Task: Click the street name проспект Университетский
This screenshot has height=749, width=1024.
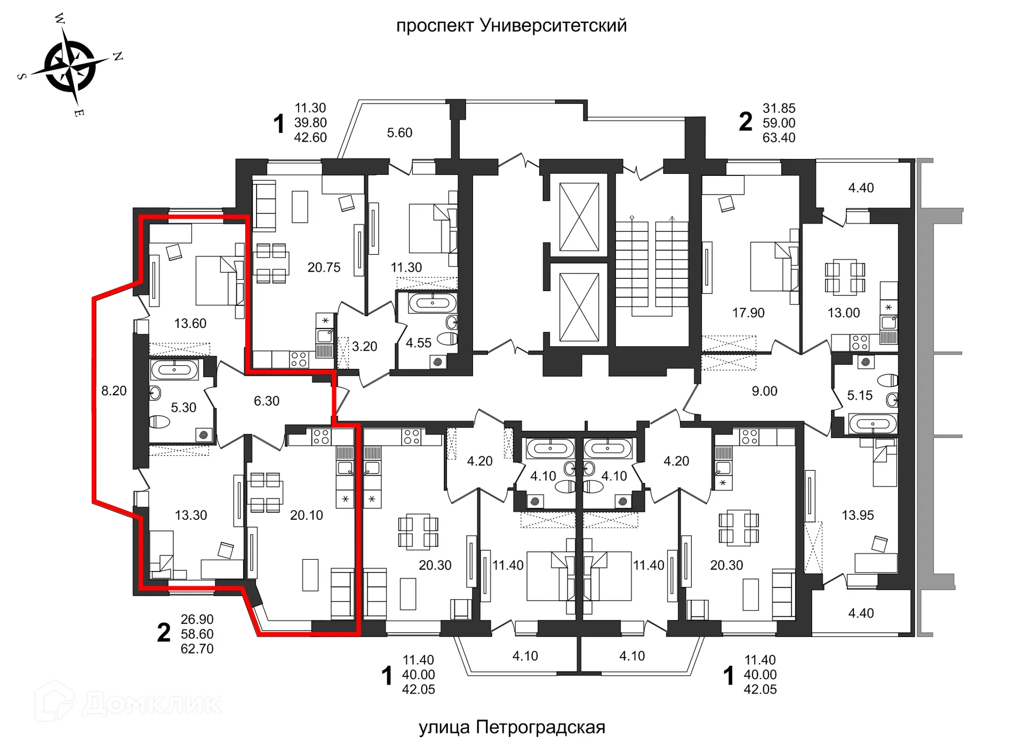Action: point(511,25)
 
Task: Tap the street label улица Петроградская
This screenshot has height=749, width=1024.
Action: point(511,727)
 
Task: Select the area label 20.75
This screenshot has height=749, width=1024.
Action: point(324,268)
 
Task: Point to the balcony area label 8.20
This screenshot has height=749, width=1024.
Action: point(114,391)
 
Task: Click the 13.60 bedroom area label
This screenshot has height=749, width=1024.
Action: point(190,324)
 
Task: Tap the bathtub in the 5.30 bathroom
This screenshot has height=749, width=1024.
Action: point(174,369)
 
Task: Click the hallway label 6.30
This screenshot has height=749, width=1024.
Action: point(266,401)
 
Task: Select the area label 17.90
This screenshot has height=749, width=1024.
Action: point(748,313)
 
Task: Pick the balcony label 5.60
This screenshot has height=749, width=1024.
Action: point(399,133)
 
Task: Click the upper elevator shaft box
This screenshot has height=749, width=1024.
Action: point(579,216)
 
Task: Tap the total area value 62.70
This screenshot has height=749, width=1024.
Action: point(197,649)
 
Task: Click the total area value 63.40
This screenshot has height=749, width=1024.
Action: point(779,138)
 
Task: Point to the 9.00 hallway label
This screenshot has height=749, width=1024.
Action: point(764,391)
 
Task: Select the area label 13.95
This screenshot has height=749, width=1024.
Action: point(858,516)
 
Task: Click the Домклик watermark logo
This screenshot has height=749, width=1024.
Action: point(128,703)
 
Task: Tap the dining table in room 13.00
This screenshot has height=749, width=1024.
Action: point(845,277)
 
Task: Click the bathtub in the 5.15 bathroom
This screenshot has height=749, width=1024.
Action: point(873,424)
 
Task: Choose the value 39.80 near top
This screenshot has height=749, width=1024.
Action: point(310,123)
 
